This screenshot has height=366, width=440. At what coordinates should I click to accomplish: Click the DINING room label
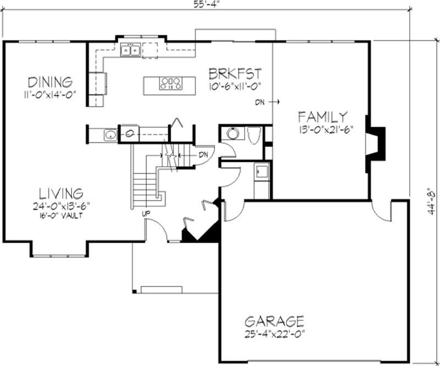coord(51,82)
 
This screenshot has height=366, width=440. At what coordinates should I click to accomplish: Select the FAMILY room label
coord(322,117)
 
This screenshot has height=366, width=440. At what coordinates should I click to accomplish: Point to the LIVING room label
coord(61,193)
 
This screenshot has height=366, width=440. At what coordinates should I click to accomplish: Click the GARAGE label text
coord(274,321)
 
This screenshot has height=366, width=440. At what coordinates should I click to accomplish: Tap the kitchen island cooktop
coord(170,84)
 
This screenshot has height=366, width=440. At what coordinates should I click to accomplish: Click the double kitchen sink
coord(130,51)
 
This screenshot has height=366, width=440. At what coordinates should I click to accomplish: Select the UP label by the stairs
coord(146,213)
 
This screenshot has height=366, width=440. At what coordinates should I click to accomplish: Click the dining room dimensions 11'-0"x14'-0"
coord(50,94)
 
